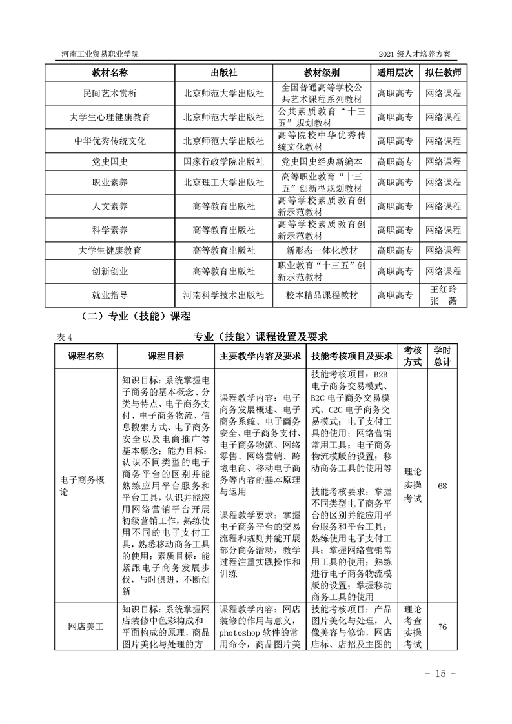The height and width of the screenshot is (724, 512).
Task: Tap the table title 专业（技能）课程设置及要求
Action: pyautogui.click(x=261, y=336)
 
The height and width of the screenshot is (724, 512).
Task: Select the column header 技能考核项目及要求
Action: pyautogui.click(x=352, y=356)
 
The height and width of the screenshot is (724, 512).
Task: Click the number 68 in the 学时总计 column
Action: pyautogui.click(x=442, y=486)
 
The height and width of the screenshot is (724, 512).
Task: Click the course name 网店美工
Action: pyautogui.click(x=86, y=627)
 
